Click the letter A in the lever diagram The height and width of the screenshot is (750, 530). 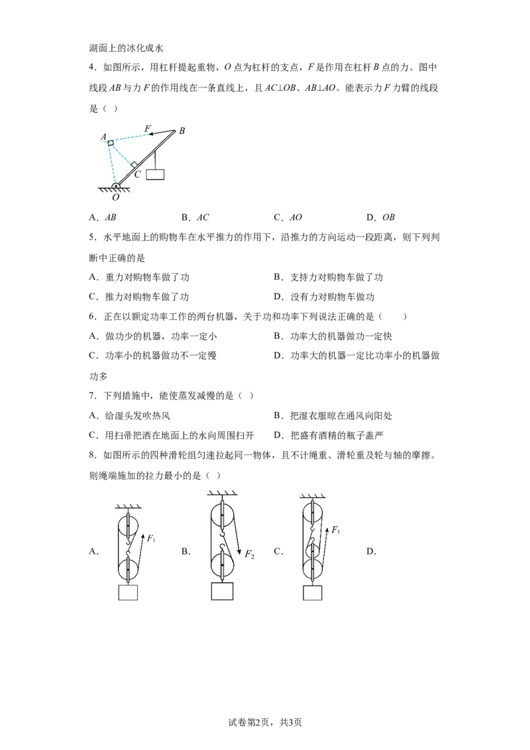point(103,136)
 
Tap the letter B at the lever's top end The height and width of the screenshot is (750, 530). point(182,131)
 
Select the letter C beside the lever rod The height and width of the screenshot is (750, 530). point(137,174)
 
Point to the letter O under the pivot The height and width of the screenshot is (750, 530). point(115,197)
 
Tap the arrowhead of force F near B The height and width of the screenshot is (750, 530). point(150,136)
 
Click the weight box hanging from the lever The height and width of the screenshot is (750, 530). point(156,175)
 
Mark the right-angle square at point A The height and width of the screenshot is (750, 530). point(111,142)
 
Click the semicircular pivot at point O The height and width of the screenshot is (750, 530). point(116,186)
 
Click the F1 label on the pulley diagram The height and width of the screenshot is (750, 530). point(151,537)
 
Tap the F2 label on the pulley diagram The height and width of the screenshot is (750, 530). point(249,554)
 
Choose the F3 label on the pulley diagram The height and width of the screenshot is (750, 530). point(336,530)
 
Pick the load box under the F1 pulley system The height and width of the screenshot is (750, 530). point(127,593)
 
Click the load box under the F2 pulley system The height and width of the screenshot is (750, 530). point(222,592)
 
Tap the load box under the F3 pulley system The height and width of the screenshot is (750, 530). point(312,593)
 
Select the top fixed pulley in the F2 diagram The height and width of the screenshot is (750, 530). point(223,515)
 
